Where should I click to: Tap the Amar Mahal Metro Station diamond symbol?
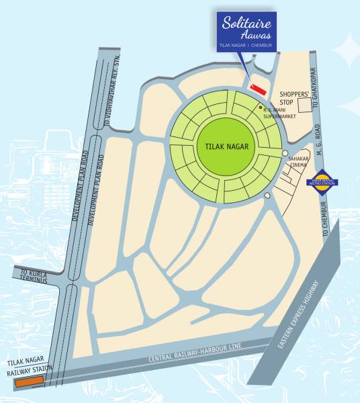pos(326,180)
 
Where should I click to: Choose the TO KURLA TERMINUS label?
pos(34,276)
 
